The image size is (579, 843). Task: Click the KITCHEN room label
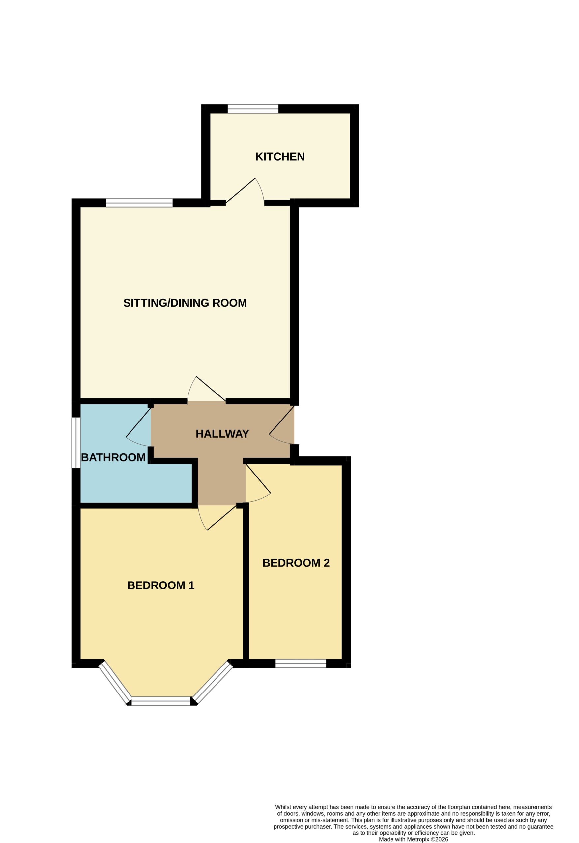[x=280, y=157]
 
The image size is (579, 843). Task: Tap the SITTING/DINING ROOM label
[x=185, y=303]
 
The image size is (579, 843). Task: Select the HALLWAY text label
[x=222, y=434]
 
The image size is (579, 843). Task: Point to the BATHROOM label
[x=113, y=458]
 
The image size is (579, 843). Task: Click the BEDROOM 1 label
[x=161, y=585]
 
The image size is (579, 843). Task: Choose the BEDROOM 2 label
[x=296, y=563]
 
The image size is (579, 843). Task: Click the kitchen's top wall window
[x=253, y=109]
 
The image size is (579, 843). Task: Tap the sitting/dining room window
[x=139, y=203]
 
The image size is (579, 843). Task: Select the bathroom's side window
[x=76, y=443]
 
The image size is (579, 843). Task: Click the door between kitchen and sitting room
[x=246, y=192]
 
